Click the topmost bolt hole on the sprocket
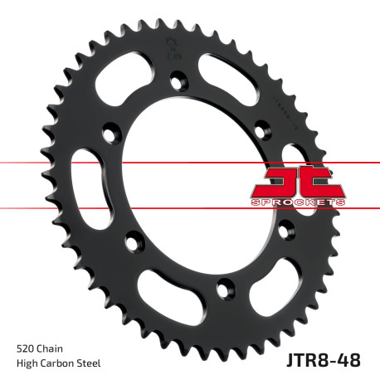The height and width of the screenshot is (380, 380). [x=177, y=80]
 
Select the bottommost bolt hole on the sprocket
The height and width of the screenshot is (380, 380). [x=222, y=289]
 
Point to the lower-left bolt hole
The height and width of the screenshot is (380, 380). [x=130, y=241]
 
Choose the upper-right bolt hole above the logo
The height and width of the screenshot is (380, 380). [x=262, y=128]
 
